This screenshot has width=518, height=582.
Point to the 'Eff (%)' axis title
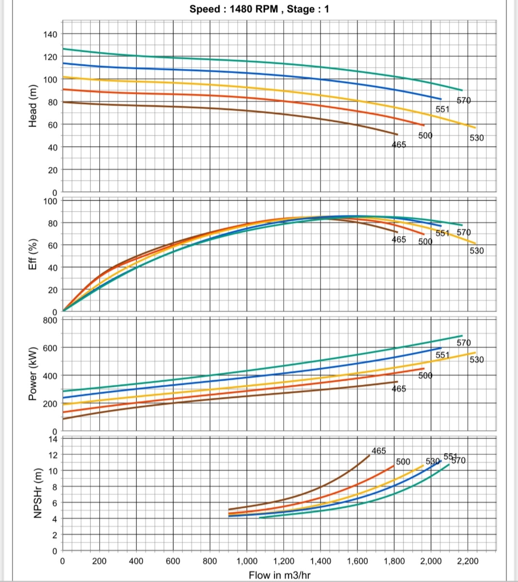tap(33, 254)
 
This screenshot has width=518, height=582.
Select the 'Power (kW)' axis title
tap(33, 376)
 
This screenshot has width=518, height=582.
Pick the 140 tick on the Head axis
tap(50, 34)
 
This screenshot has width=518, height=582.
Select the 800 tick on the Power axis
tap(50, 320)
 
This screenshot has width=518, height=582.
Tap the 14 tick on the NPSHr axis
tap(53, 439)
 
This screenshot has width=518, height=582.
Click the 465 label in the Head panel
tap(399, 144)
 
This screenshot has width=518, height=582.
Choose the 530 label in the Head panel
tap(476, 138)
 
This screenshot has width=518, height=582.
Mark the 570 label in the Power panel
tap(463, 343)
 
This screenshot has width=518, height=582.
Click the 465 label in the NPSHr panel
tap(378, 451)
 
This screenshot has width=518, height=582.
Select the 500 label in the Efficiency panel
tap(425, 241)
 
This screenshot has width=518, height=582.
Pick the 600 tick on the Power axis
tap(50, 348)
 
